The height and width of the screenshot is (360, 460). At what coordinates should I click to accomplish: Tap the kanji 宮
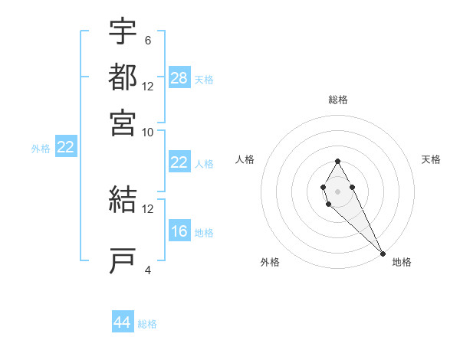(x=123, y=123)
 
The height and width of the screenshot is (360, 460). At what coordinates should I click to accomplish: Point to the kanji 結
(x=123, y=201)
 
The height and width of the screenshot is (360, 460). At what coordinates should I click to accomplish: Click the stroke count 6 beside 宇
(x=147, y=40)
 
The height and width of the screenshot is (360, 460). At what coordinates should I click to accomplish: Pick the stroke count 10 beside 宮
(x=148, y=132)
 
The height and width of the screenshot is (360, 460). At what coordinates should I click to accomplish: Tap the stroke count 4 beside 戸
(x=148, y=270)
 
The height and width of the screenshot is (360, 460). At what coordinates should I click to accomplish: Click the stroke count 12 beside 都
(x=148, y=86)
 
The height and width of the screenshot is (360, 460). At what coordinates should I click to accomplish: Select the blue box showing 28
(x=179, y=78)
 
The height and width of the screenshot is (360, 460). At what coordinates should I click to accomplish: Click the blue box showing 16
(x=179, y=231)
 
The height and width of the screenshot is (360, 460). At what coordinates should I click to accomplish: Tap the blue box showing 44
(x=123, y=322)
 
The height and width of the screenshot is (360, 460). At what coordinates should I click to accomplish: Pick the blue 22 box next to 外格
(x=65, y=148)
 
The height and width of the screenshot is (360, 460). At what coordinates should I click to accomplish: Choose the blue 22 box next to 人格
(x=179, y=162)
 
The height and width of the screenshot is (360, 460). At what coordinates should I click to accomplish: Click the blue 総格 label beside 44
(x=147, y=324)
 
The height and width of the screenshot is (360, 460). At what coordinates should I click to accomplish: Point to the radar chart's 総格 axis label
(x=338, y=100)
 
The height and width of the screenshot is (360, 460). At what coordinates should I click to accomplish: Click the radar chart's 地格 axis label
(x=402, y=262)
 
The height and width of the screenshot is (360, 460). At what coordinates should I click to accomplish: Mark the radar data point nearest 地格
(x=383, y=253)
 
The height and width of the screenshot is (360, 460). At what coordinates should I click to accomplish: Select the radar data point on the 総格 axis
(x=337, y=161)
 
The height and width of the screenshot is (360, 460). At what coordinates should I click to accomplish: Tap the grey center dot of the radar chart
(x=337, y=191)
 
